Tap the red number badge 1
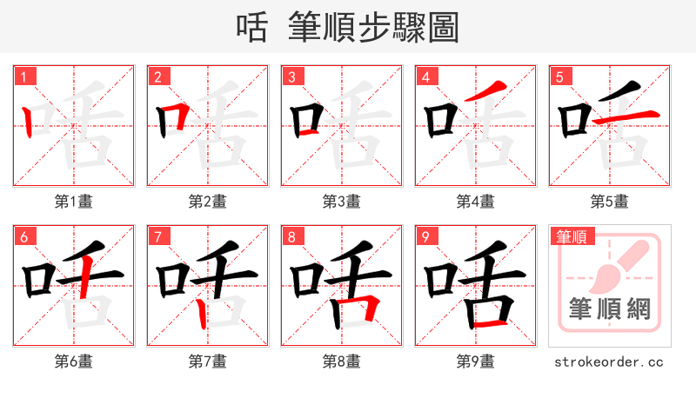[23, 76]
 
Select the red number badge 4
[425, 76]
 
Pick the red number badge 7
[157, 236]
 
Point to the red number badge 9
[425, 236]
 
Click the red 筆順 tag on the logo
[570, 236]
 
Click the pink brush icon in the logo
[616, 265]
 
